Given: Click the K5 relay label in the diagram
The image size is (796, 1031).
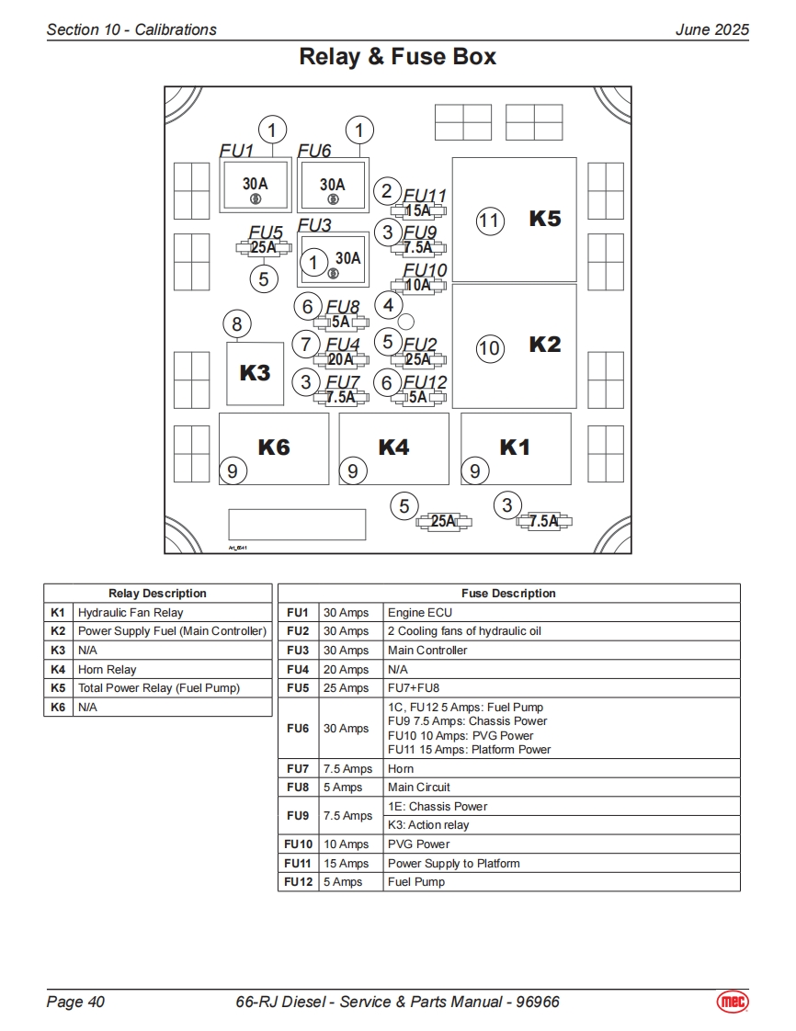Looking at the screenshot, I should (x=545, y=220).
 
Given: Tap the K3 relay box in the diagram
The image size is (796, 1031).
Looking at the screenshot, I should (x=255, y=373).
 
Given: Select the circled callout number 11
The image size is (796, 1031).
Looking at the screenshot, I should (x=490, y=221).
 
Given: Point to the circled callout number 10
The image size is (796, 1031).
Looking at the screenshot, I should (x=490, y=347).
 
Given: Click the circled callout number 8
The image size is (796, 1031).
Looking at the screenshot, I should (x=237, y=323).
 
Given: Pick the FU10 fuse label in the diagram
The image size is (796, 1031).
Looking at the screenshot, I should (x=425, y=270).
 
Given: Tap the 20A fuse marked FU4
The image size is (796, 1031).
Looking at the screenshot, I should (x=340, y=360).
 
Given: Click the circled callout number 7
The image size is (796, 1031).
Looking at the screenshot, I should (x=306, y=345).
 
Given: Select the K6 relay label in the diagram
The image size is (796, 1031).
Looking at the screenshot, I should (x=274, y=448).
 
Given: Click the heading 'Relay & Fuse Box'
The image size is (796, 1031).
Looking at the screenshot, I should (x=397, y=57).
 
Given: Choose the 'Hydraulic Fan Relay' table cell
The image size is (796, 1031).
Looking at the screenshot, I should (x=131, y=613).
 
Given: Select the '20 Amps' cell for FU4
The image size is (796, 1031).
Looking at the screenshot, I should (x=346, y=670).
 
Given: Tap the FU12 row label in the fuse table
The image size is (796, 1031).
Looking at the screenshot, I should (x=298, y=882).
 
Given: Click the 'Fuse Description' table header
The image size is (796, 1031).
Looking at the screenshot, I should (x=508, y=594).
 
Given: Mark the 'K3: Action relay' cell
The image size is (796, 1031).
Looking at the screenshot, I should (x=428, y=825).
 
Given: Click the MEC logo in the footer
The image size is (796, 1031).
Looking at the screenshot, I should (x=733, y=1001).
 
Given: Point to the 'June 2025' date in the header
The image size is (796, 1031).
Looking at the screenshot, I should (x=711, y=29).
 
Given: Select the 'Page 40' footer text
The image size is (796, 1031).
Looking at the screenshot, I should (x=75, y=1002).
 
